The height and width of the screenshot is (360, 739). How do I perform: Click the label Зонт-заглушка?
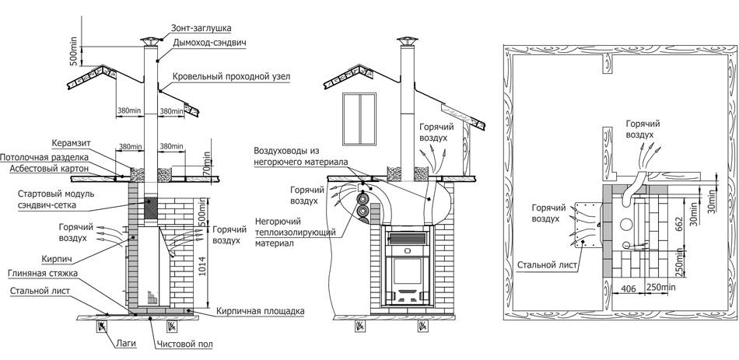[201, 28]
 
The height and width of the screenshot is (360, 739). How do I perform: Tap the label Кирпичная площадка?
[260, 312]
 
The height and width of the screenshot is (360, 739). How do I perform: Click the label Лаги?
[126, 343]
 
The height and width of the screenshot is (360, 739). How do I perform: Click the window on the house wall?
[359, 119]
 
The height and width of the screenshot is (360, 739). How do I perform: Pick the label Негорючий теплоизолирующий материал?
[295, 232]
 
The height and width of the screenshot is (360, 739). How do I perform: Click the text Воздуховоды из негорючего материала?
[301, 156]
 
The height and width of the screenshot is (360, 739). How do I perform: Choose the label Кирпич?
[54, 259]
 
